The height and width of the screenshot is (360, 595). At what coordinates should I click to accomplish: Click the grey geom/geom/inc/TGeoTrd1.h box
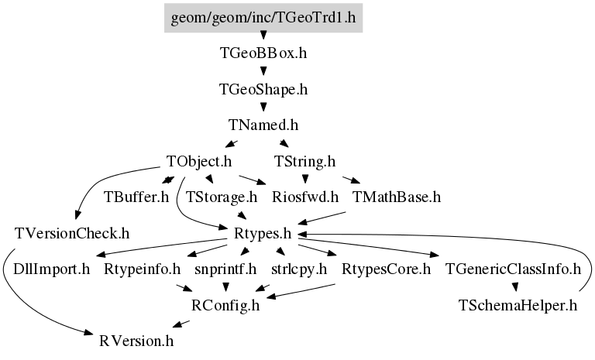263,18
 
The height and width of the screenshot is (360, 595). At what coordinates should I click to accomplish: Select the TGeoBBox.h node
263,53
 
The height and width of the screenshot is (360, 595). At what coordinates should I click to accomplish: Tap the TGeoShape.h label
263,90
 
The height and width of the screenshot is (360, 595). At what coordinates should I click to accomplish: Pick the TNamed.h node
263,125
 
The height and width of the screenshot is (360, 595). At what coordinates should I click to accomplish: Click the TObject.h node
199,162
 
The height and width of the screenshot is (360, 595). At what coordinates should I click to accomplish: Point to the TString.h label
304,162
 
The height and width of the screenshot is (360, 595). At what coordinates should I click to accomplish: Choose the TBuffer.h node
136,197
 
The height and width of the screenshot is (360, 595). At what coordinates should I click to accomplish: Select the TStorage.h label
222,197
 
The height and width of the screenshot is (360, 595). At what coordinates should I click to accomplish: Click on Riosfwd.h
305,197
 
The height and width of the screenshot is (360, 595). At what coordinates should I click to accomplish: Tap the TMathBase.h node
397,197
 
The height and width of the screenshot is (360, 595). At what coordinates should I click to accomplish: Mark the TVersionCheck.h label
72,234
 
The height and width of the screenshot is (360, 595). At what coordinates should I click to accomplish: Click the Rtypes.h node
263,234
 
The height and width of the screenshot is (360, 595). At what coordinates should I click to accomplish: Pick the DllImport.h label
52,269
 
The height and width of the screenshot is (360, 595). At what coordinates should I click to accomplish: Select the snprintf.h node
225,269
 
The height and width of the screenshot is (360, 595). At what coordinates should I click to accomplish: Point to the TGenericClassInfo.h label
513,269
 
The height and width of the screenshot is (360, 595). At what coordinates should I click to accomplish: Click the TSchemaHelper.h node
518,305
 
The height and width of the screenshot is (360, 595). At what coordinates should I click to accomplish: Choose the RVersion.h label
136,341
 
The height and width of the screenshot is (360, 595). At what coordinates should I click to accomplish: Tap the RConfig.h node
225,305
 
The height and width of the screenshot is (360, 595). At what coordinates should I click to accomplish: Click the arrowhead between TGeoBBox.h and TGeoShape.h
263,71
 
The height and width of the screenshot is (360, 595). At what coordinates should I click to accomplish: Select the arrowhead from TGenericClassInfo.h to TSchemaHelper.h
515,287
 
